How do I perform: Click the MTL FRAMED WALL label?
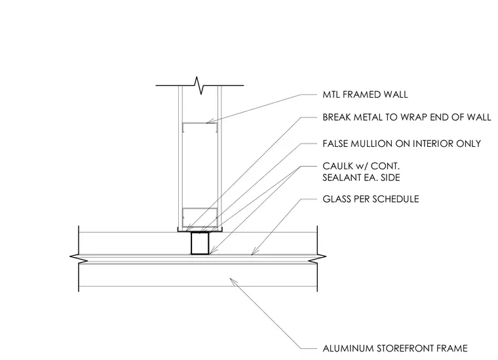(365, 94)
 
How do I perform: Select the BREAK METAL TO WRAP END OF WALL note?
(407, 117)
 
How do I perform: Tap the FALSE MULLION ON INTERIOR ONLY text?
(402, 144)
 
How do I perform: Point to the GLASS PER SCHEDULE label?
(371, 199)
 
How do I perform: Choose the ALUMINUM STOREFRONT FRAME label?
(395, 348)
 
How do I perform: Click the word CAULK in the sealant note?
(338, 166)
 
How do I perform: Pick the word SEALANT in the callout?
(341, 178)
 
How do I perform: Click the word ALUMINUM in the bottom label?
(348, 348)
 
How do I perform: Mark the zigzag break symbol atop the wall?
(199, 85)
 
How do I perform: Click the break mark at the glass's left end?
(79, 258)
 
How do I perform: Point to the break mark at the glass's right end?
(317, 258)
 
